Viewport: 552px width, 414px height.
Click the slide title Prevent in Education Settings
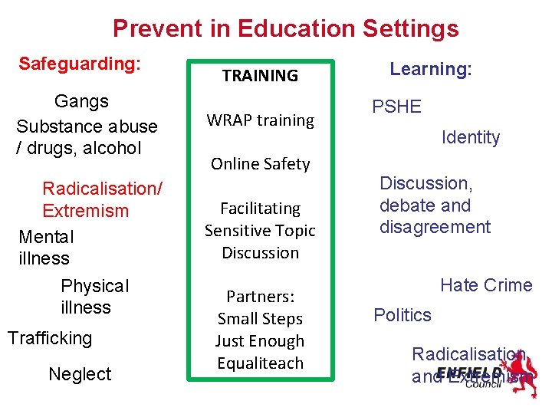[285, 29]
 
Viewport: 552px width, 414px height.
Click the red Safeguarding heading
[80, 63]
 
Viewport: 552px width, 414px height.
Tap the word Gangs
[81, 101]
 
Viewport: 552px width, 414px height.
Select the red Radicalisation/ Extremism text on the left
[102, 199]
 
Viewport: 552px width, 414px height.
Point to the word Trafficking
[49, 338]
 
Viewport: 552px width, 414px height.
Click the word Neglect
[80, 374]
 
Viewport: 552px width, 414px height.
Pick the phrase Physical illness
[94, 297]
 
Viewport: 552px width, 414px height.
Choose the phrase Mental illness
[45, 248]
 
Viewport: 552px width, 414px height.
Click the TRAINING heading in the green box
[260, 76]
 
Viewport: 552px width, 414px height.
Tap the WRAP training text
[260, 120]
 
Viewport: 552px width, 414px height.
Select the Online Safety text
[260, 164]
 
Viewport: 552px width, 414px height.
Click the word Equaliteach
[260, 363]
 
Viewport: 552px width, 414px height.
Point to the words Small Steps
[260, 319]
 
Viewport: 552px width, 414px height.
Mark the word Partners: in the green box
[260, 297]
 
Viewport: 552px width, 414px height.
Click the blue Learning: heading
[430, 69]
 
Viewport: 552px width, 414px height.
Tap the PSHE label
[396, 107]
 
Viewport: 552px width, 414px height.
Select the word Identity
[470, 138]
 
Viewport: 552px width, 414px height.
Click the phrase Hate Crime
[485, 285]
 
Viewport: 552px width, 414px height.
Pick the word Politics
[402, 315]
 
